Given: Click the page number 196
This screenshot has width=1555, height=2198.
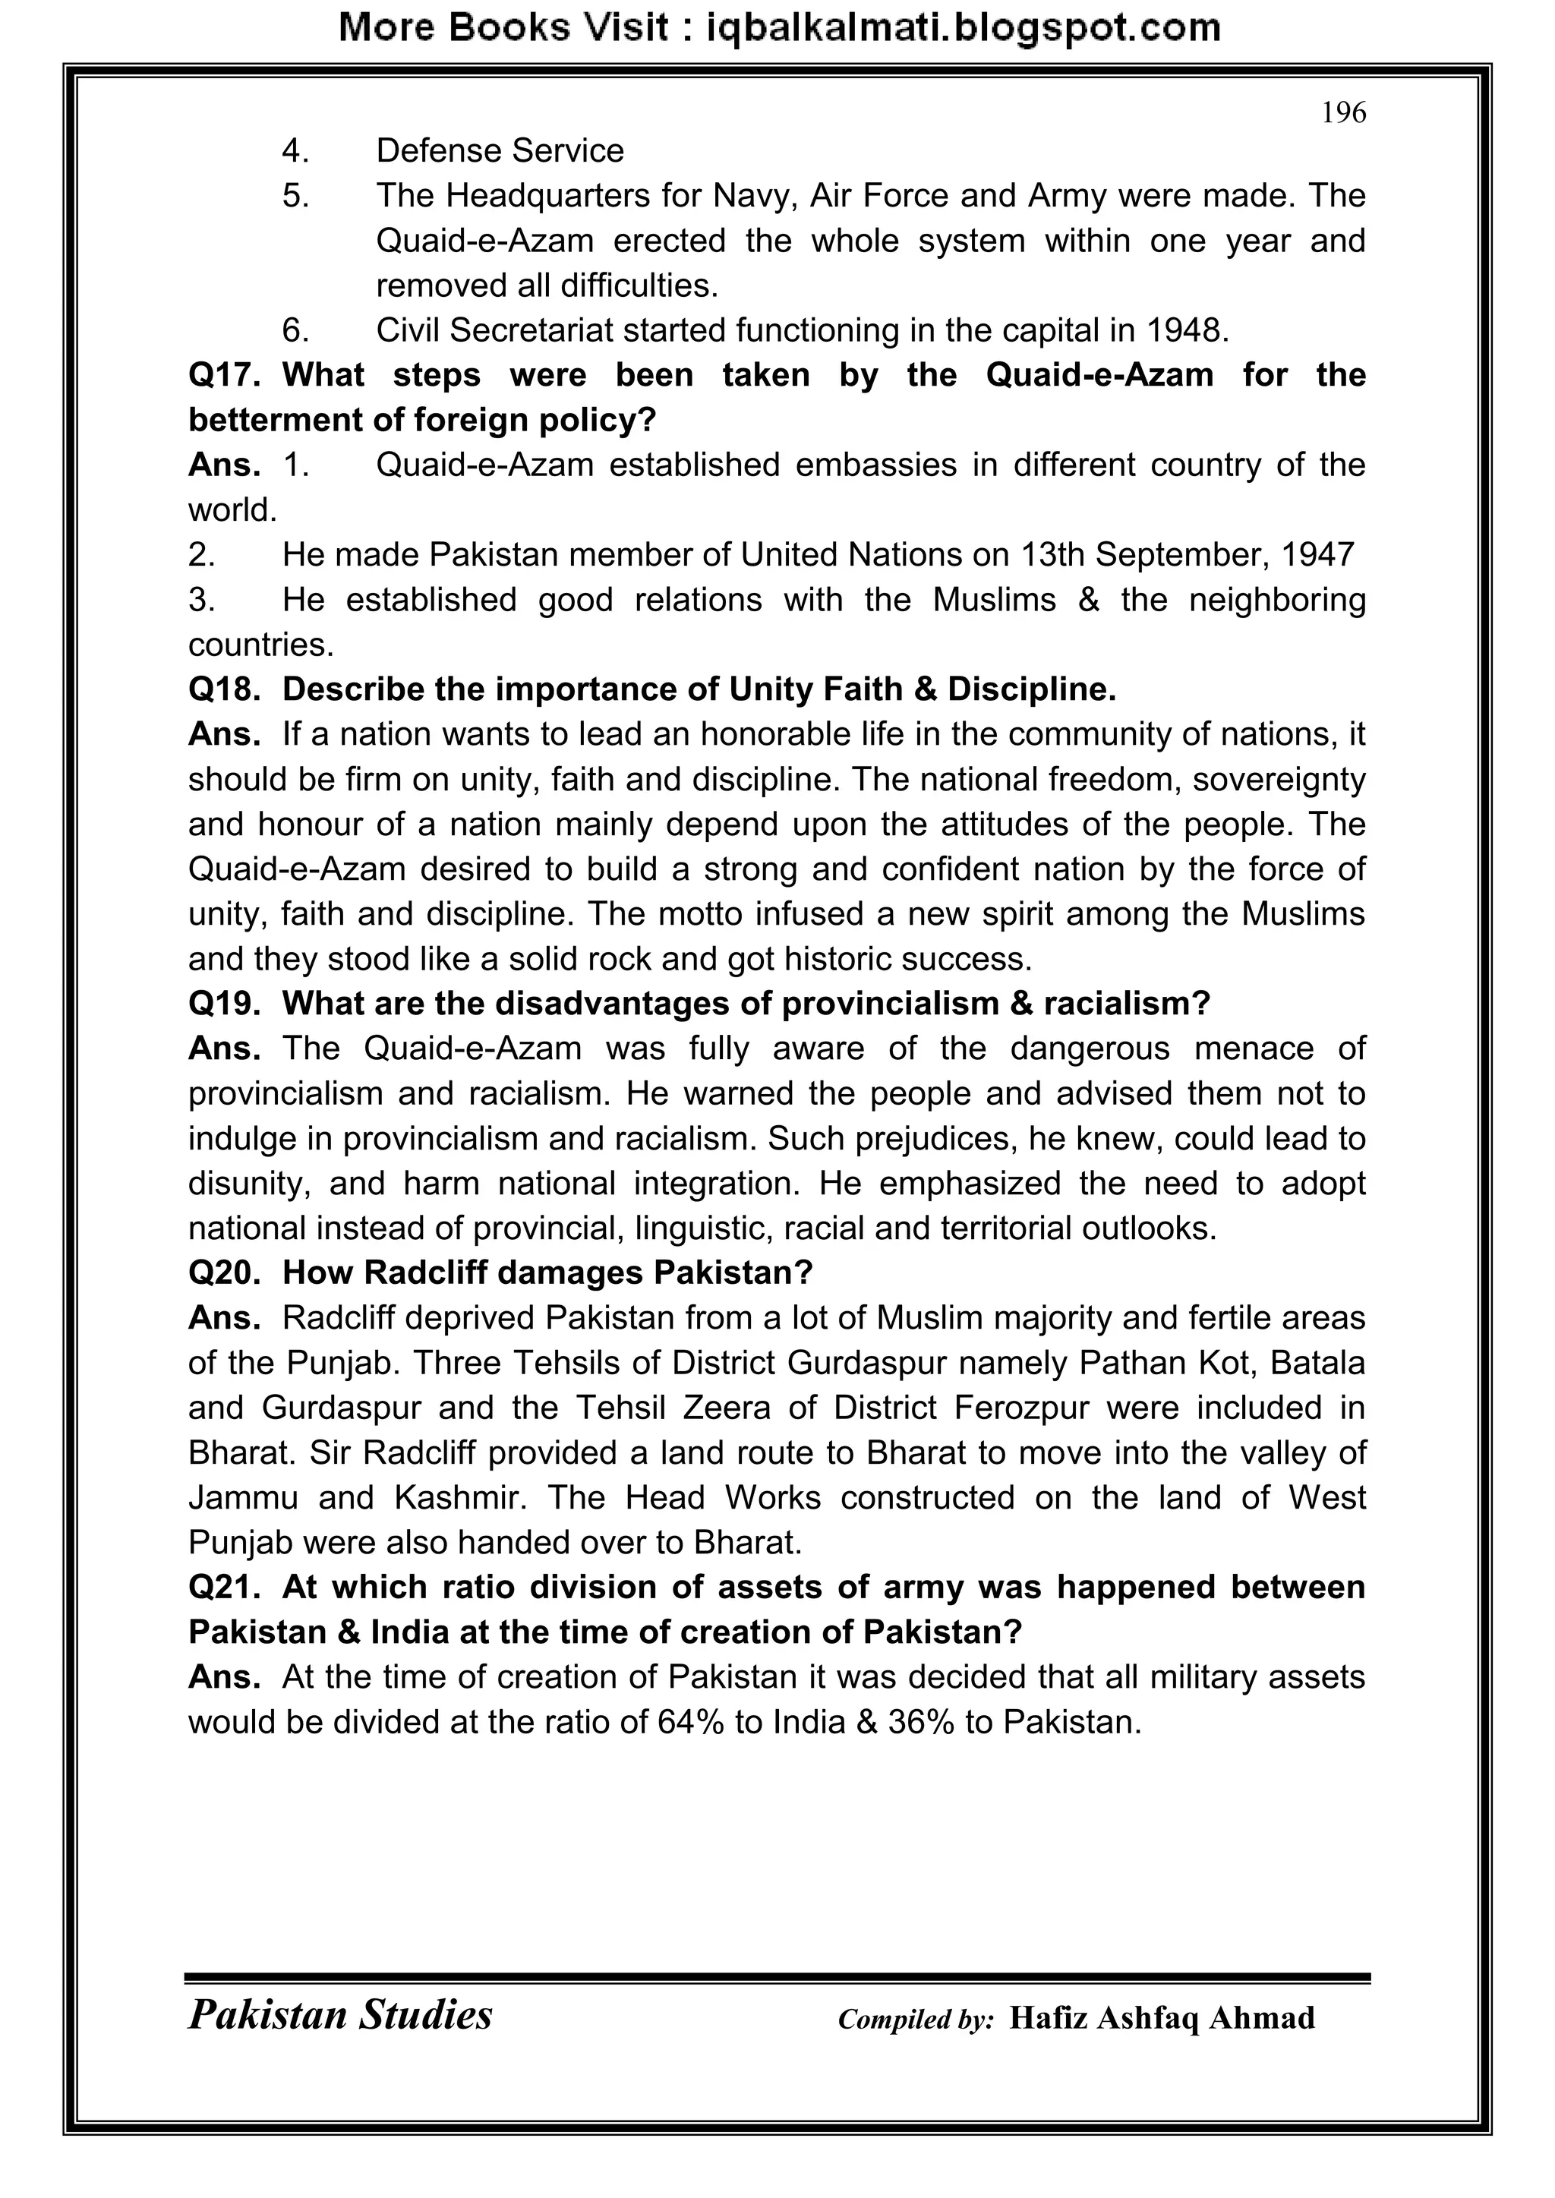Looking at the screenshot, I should tap(1343, 113).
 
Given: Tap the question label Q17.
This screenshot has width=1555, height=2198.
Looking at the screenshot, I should tap(224, 374).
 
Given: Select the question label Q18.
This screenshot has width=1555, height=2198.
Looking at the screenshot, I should tap(224, 689).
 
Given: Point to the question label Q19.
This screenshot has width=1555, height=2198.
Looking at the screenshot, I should tap(224, 1003).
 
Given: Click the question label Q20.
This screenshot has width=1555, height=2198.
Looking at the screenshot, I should tap(224, 1272).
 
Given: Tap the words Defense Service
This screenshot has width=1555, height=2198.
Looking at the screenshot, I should tap(499, 150).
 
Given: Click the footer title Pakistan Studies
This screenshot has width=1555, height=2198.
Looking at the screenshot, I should tap(340, 2014).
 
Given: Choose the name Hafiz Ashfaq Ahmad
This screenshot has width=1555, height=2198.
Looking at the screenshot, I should tap(1162, 2017).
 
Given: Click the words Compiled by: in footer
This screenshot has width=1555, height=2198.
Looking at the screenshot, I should tap(916, 2019).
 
